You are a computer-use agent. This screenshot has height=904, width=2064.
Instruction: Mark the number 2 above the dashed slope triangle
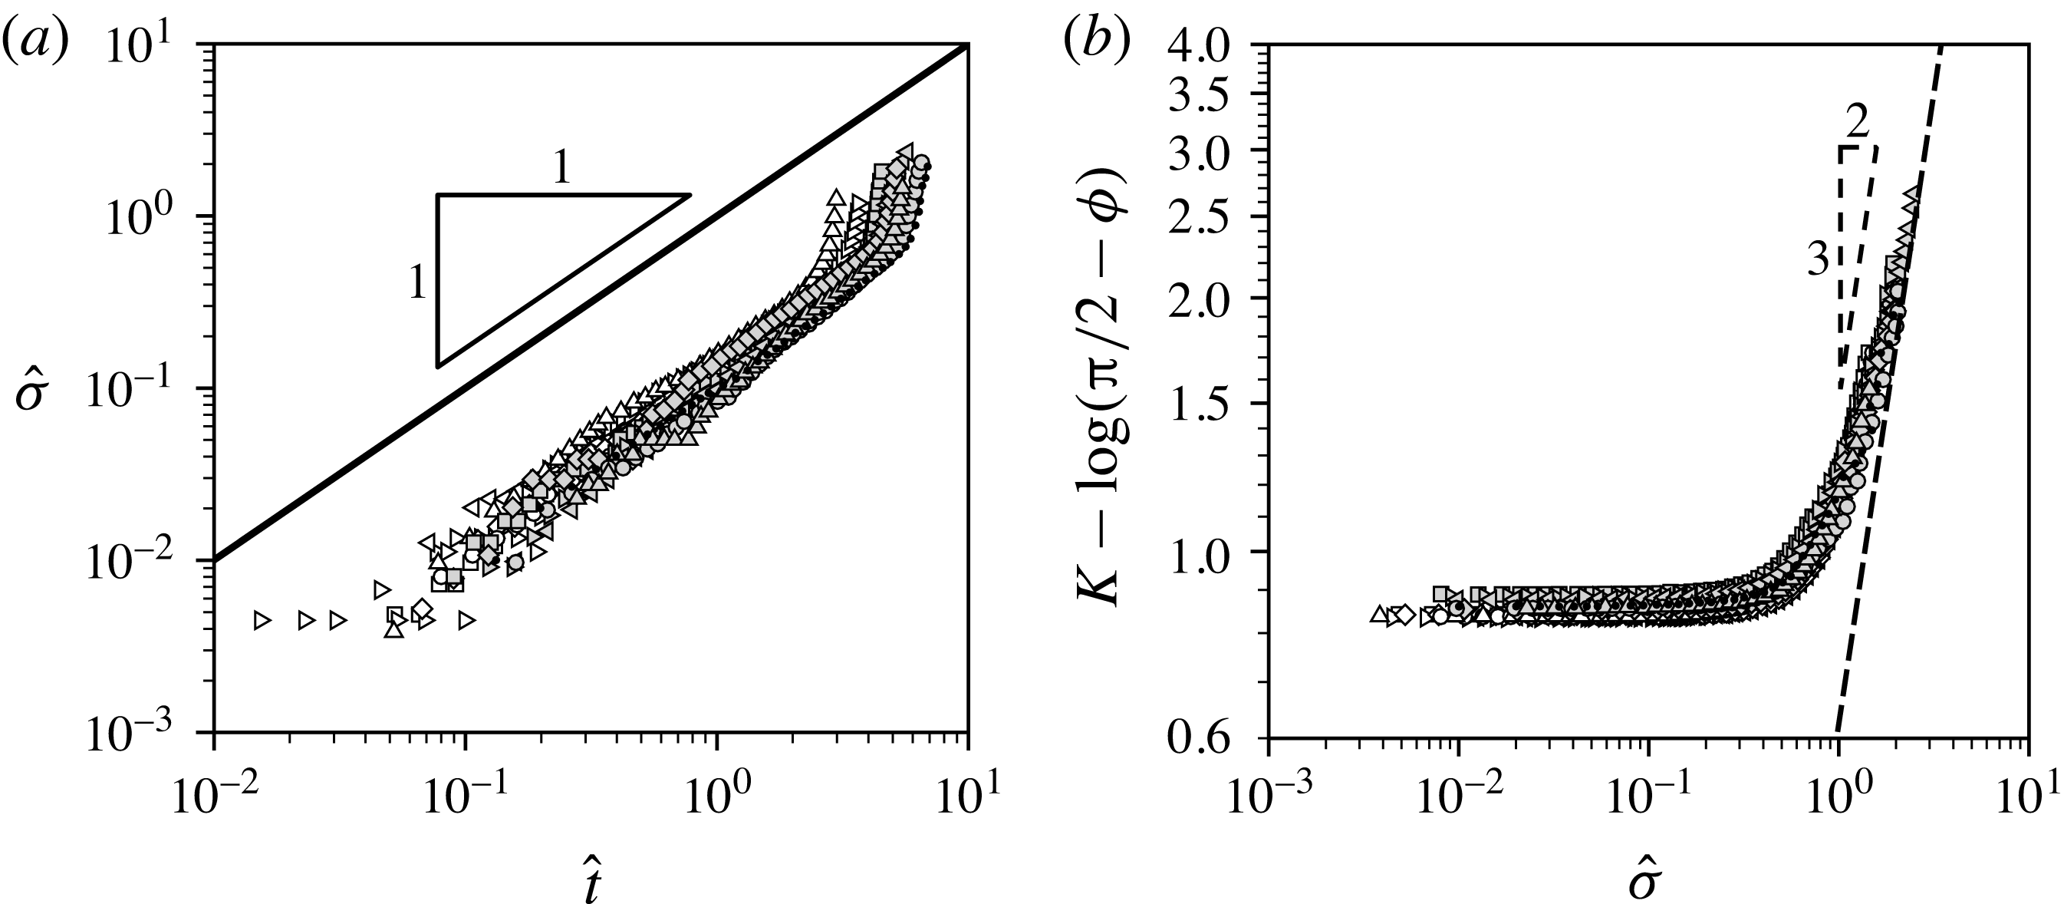point(1856,122)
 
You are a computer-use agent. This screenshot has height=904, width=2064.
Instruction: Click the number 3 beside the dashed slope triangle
point(1817,261)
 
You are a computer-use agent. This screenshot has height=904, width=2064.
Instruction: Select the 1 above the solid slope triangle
point(561,167)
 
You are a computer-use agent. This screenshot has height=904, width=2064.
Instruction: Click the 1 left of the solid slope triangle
point(416,283)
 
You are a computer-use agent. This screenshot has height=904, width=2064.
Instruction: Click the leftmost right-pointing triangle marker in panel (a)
point(262,620)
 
